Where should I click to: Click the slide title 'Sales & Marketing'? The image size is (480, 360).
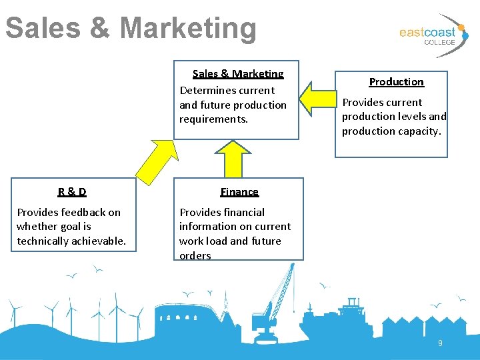click(131, 29)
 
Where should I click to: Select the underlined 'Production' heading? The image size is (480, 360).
click(396, 82)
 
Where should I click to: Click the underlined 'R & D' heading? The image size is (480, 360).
click(72, 192)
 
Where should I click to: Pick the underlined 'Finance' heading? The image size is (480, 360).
click(239, 192)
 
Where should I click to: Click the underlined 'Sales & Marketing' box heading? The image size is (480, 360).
click(238, 74)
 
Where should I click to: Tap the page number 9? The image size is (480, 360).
click(440, 343)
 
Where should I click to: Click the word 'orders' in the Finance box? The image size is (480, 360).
click(195, 256)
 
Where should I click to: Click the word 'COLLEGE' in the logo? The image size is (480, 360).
click(439, 42)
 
